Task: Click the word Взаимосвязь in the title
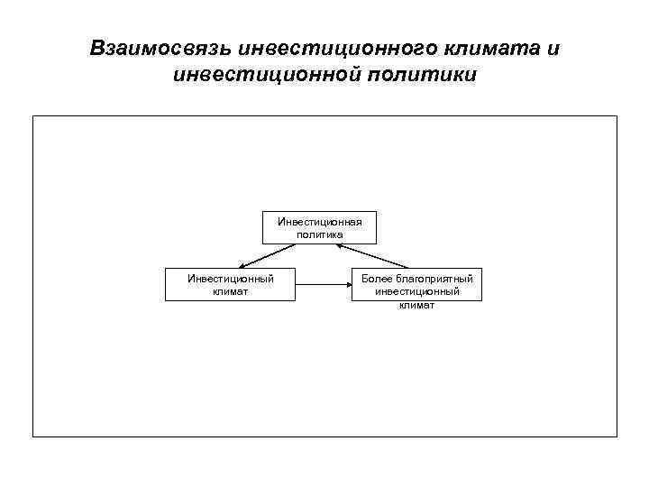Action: [x=160, y=48]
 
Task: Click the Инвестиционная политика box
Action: [x=319, y=227]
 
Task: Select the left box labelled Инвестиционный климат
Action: [x=230, y=284]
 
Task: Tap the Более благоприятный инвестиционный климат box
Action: [x=416, y=285]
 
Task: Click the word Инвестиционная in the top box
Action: [x=319, y=221]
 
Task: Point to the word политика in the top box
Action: [x=319, y=234]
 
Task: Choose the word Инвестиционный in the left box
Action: [x=230, y=279]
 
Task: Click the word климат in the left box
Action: [x=230, y=291]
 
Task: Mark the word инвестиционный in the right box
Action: [x=416, y=291]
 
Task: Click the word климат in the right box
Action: [x=416, y=304]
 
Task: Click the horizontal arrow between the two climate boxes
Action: [x=324, y=285]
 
